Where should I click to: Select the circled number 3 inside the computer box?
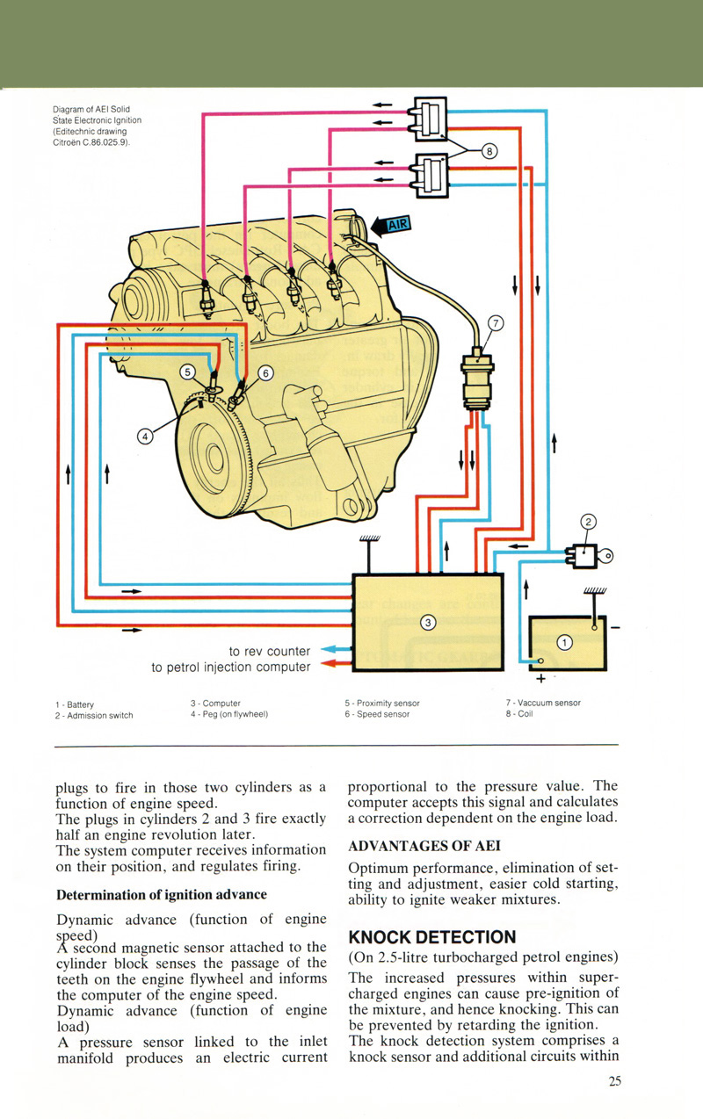[428, 623]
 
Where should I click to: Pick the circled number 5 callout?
[187, 372]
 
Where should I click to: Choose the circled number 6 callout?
[267, 372]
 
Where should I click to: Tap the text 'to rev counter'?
[269, 651]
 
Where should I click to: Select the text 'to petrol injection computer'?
[230, 667]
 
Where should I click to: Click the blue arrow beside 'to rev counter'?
[332, 650]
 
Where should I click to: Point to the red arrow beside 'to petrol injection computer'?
[332, 666]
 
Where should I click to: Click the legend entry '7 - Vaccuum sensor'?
[542, 703]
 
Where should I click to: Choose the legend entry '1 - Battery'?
[74, 704]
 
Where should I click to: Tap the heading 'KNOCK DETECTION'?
[431, 936]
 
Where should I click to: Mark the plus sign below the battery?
[540, 679]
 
